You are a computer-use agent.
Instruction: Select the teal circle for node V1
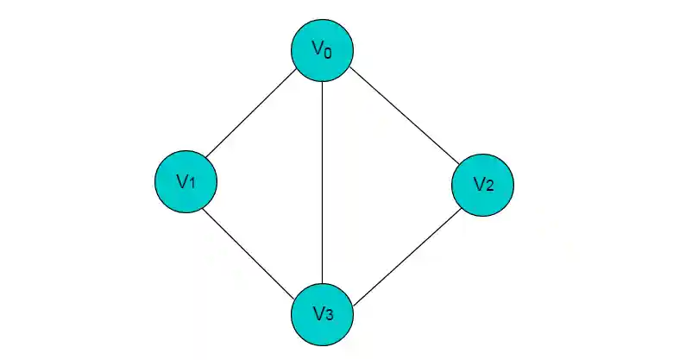pos(186,182)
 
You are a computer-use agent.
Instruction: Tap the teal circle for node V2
pos(482,184)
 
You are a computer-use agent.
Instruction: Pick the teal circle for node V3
pos(322,313)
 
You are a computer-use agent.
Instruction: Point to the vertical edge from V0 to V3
pos(322,181)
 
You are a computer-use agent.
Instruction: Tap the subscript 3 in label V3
pos(329,314)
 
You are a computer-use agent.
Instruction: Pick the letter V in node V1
pos(181,180)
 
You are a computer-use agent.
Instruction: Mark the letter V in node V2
pos(478,183)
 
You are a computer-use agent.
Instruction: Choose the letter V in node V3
pos(317,312)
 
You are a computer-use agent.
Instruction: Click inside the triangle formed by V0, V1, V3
pos(276,182)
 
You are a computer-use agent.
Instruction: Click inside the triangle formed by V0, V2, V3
pos(380,182)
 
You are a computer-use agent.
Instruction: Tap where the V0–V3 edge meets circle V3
pos(322,281)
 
